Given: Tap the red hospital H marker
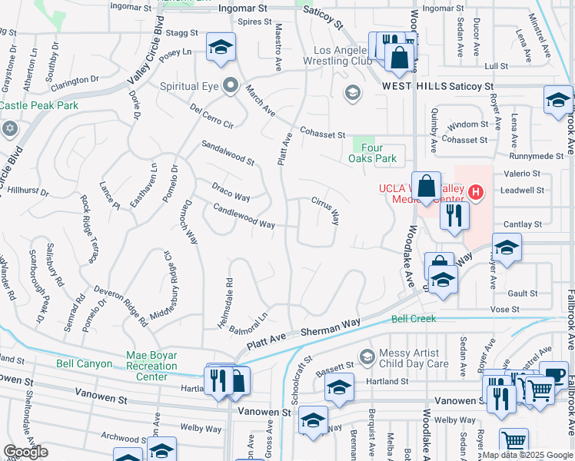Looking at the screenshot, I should click(477, 191).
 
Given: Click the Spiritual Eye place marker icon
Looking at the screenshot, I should click(230, 85).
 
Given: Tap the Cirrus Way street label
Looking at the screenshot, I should click(324, 210).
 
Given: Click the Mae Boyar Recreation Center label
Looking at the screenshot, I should click(151, 366).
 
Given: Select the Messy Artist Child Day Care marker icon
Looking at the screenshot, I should click(366, 357).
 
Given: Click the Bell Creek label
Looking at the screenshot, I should click(414, 318).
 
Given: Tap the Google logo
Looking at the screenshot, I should click(25, 452).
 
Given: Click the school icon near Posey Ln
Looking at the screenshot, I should click(221, 48).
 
